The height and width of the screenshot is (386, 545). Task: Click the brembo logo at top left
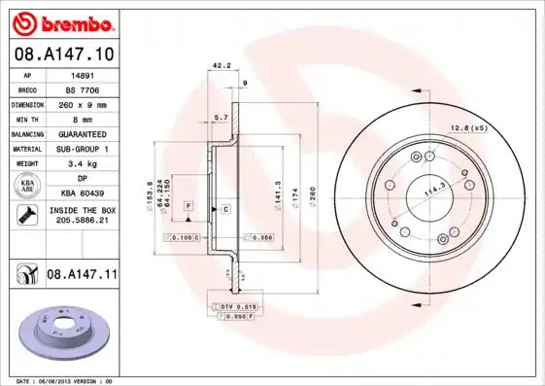pyautogui.click(x=62, y=22)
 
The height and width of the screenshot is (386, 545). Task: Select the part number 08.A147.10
pyautogui.click(x=62, y=57)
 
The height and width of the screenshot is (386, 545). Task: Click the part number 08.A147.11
pyautogui.click(x=82, y=275)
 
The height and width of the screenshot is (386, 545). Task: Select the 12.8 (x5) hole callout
pyautogui.click(x=467, y=128)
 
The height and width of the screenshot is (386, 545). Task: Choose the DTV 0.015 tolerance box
pyautogui.click(x=235, y=306)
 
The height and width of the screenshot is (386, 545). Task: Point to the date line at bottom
pyautogui.click(x=65, y=381)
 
